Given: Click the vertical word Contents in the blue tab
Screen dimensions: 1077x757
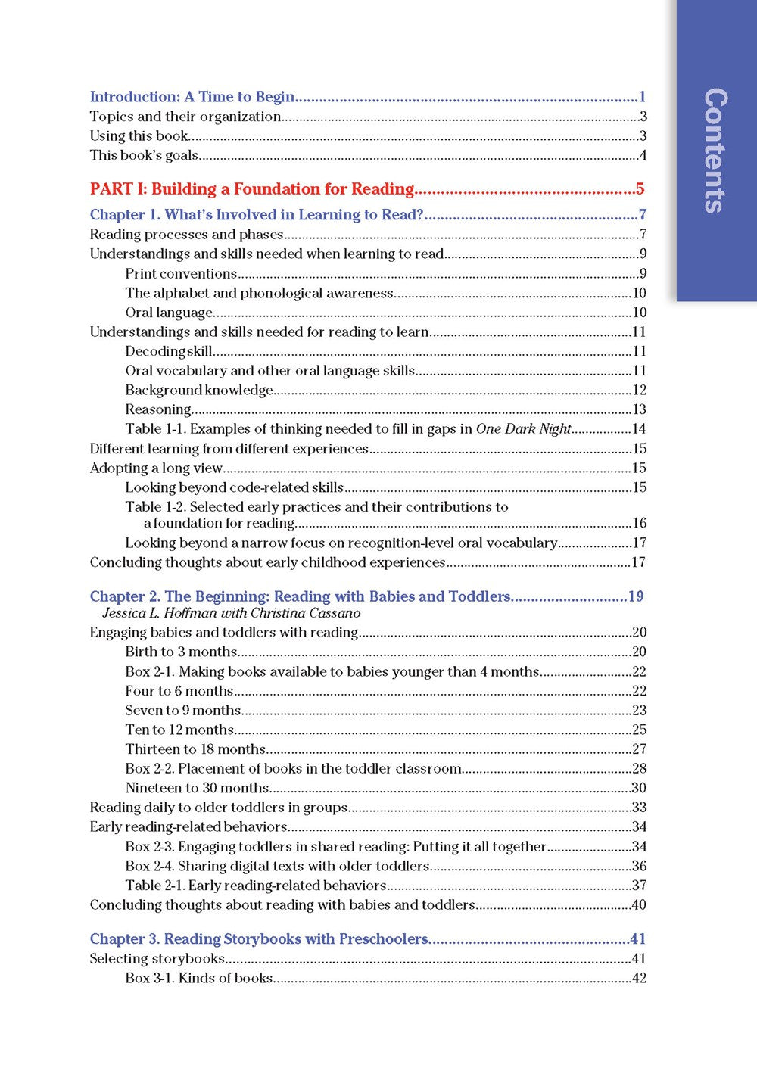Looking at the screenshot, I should (x=716, y=151).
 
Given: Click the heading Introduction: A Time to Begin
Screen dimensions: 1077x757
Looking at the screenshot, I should (x=192, y=97).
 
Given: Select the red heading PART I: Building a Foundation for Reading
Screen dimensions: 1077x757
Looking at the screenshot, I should (x=252, y=189).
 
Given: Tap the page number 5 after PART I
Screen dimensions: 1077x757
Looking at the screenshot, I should (x=640, y=189).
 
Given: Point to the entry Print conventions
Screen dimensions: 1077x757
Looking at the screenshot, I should (x=181, y=274).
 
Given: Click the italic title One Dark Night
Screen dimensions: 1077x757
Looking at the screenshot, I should (x=523, y=429).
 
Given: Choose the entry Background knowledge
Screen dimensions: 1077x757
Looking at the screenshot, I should (x=199, y=391).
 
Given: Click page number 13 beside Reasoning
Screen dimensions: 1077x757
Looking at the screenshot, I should (x=639, y=409).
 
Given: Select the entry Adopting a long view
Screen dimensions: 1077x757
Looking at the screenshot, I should (x=156, y=468).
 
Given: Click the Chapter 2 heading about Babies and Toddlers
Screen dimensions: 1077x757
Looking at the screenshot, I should (x=300, y=596).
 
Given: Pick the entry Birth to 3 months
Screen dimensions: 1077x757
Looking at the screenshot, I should (x=181, y=652).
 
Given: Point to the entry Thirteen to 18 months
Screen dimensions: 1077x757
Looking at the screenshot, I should (x=195, y=749).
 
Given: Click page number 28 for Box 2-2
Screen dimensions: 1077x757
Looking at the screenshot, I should (x=639, y=769).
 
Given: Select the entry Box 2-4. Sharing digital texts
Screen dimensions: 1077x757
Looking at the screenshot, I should (x=277, y=866).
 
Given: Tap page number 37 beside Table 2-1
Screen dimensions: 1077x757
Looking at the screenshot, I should (x=639, y=886).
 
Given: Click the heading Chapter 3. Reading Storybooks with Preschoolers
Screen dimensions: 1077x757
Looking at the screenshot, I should (x=259, y=939).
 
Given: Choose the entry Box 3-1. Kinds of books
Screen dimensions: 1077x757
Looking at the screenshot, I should (x=198, y=978).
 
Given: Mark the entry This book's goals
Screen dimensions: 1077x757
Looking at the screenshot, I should (x=144, y=156).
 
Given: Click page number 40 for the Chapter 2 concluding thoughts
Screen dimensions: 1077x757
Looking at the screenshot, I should (x=639, y=905).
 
